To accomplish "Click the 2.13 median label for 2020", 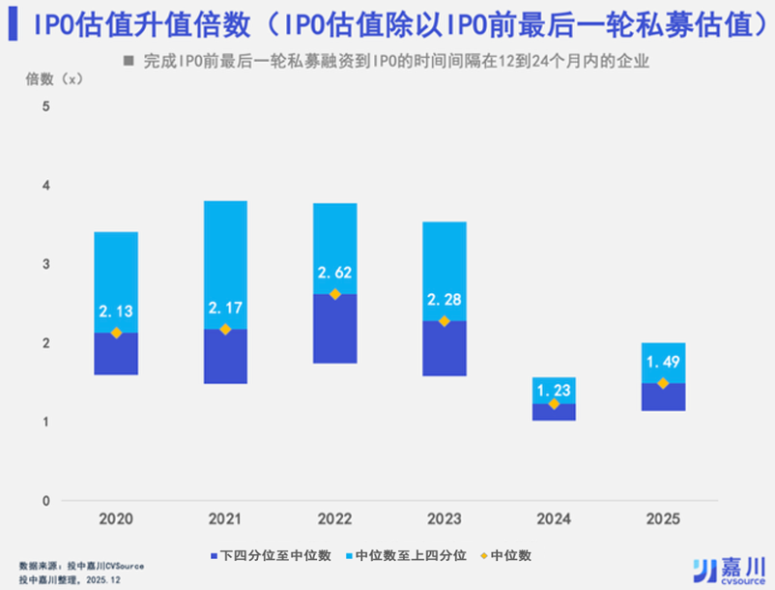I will coord(116,310).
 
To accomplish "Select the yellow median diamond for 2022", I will coord(335,294).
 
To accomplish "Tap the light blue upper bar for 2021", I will coord(225,251).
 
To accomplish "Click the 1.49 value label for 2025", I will coord(663,364).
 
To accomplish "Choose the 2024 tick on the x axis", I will coord(554,519).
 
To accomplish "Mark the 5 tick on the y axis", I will coord(45,105).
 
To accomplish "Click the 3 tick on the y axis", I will coord(45,264).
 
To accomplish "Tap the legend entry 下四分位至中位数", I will coord(271,555).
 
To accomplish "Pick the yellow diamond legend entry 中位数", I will coord(506,555).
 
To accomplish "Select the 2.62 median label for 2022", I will coord(335,273).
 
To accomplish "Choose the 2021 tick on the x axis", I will coord(225,519).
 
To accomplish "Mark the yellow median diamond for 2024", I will coord(554,404).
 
